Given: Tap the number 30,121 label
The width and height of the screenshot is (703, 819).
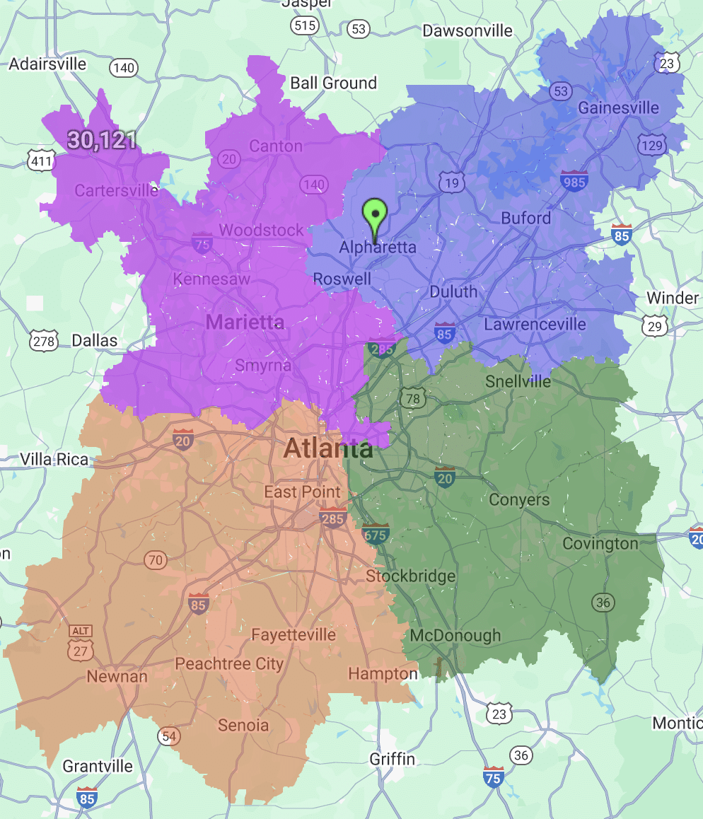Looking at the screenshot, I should tap(103, 140).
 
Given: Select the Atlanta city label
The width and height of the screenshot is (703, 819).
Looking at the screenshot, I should tap(328, 448).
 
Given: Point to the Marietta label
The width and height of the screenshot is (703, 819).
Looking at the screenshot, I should tap(245, 323).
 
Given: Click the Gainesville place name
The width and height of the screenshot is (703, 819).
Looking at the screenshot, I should tap(618, 108).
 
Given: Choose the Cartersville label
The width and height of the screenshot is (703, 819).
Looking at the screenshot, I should tap(117, 190).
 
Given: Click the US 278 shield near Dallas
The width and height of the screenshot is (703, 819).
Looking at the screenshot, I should tap(45, 342).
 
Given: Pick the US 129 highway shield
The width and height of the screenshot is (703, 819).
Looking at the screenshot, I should tap(651, 146).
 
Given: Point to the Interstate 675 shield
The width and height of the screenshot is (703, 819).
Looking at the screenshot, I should tap(376, 534).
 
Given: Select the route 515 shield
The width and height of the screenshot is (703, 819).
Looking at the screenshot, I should tap(304, 26).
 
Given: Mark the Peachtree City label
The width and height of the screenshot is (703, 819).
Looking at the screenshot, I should tap(229, 664).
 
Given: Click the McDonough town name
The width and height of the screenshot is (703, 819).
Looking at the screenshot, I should tap(455, 636).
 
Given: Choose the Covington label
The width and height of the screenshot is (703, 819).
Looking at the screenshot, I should tap(600, 543).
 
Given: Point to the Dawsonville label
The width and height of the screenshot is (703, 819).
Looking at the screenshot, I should tap(467, 30).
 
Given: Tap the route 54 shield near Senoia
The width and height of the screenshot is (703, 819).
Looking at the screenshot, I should tap(168, 736).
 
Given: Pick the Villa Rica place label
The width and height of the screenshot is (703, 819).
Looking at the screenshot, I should tap(54, 460).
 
